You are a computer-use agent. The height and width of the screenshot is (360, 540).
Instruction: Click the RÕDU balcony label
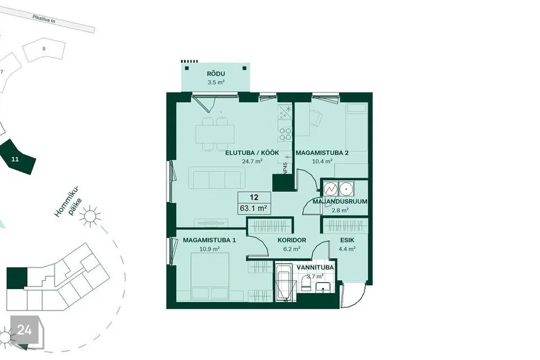pos(216,74)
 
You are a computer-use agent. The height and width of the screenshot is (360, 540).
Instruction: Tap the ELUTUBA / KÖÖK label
pos(252,152)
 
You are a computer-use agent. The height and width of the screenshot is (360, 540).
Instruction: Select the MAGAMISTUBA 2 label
pos(322,152)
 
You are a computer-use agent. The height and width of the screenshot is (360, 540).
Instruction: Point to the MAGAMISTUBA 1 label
pos(209,240)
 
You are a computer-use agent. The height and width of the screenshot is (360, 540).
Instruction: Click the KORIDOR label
pos(292,240)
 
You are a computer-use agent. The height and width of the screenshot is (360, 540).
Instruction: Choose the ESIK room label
pos(347,240)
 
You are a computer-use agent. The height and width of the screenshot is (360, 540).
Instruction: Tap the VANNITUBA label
pos(315,268)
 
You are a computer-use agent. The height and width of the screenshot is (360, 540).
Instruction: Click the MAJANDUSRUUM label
pos(340,201)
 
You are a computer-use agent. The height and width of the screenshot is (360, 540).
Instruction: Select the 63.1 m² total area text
pos(254,209)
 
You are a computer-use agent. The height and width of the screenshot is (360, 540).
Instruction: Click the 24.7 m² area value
pos(253,161)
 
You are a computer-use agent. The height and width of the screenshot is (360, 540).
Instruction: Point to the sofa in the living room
pos(215,178)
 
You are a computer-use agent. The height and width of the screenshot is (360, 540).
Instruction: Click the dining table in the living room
pos(215,134)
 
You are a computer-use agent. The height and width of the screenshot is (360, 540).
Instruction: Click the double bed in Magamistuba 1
pos(210,277)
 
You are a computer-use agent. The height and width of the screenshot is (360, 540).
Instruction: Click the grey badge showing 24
pos(24,330)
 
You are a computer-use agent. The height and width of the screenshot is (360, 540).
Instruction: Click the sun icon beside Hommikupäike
pos(90,217)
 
